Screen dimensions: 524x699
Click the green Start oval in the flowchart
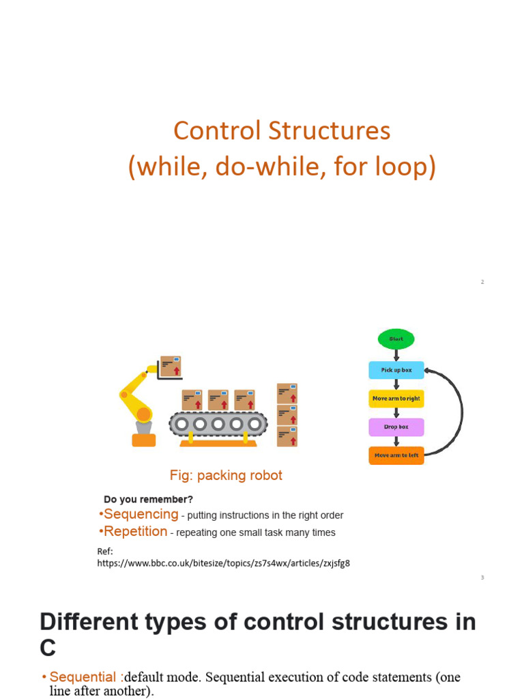coord(396,339)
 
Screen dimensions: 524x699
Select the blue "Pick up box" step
coord(396,370)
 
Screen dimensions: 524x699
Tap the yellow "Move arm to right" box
coord(396,399)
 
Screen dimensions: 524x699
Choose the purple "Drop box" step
coord(396,427)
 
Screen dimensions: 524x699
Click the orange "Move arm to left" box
coord(396,455)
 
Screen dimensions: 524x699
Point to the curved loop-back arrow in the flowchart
coord(462,412)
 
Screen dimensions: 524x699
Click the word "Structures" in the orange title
coord(330,131)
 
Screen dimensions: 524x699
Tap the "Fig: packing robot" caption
coord(226,475)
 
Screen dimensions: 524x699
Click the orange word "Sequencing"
coord(141,514)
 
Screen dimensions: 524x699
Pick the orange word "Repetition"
coord(136,531)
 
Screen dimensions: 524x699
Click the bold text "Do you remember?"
coord(148,499)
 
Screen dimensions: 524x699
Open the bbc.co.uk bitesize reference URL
coord(223,563)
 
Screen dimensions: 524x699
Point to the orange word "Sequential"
coord(83,676)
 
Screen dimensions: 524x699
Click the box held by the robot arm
coord(171,367)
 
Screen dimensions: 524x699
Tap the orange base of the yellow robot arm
coord(144,440)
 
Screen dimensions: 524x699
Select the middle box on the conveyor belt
coord(218,400)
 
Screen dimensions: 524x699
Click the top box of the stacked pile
coord(287,394)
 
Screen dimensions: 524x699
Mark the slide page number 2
coord(482,282)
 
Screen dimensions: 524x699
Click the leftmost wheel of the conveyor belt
coord(181,423)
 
